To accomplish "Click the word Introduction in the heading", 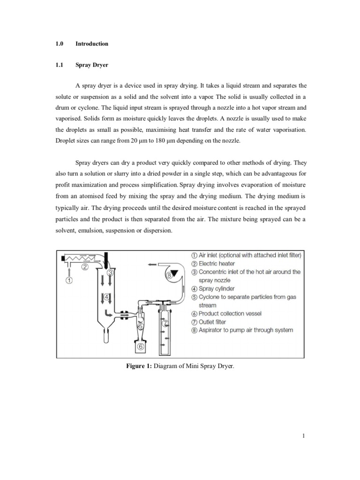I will [92, 44].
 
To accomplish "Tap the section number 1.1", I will [59, 66].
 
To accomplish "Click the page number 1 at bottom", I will [304, 436].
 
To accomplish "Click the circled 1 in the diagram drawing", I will [68, 281].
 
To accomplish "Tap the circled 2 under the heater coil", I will [85, 267].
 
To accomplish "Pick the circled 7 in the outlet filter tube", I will [164, 323].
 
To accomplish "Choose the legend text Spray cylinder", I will [217, 289].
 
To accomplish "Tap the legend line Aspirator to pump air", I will [246, 330].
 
